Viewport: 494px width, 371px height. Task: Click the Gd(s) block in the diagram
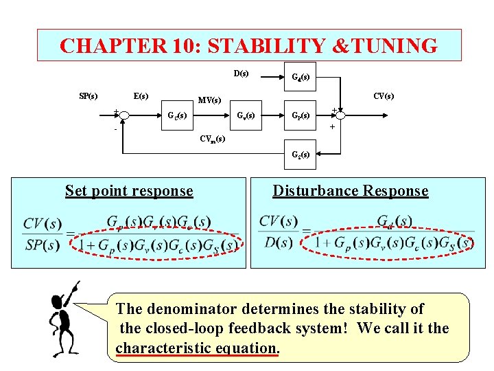(x=300, y=78)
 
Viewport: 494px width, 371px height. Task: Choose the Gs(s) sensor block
(x=301, y=155)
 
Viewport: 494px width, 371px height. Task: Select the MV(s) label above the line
(x=209, y=101)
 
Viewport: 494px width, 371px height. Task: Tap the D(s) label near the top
(x=241, y=73)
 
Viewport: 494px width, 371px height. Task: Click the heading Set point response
(x=129, y=191)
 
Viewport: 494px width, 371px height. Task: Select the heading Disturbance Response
(x=350, y=191)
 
